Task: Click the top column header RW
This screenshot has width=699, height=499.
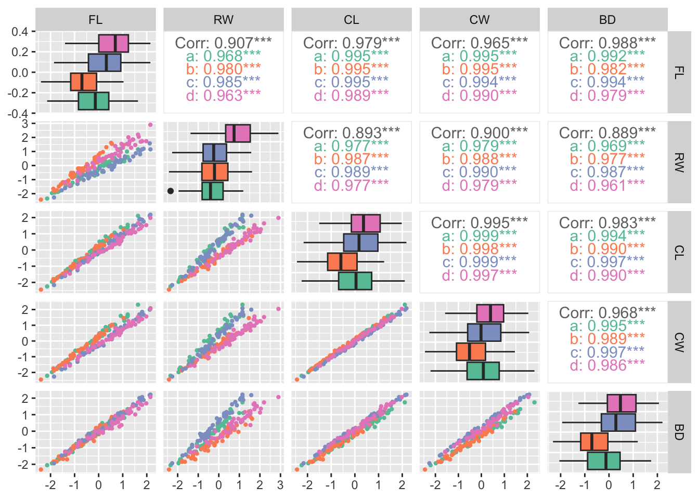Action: click(x=223, y=20)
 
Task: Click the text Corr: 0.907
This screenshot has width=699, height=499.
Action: click(x=223, y=43)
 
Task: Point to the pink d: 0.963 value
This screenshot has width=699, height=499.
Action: click(x=223, y=96)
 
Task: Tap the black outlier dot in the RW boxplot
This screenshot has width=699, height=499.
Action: click(x=171, y=191)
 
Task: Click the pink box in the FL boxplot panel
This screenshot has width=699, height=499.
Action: click(x=113, y=43)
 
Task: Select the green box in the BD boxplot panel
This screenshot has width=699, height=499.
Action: click(x=603, y=461)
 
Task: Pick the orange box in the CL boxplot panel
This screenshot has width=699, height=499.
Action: click(x=342, y=261)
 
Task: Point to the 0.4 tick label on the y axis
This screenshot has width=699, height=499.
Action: click(x=20, y=32)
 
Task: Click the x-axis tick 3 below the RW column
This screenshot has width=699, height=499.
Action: click(x=280, y=485)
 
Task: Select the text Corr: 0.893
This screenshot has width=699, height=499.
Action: click(x=351, y=133)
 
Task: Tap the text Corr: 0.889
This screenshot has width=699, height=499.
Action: click(x=607, y=133)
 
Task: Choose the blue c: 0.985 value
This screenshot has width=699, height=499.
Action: click(x=223, y=82)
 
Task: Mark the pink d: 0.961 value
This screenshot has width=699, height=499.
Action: click(x=607, y=186)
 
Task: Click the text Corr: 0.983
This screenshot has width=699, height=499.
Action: click(x=607, y=223)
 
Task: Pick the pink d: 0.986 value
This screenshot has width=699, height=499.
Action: click(x=607, y=365)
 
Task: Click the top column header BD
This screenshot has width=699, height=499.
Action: click(x=607, y=20)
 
